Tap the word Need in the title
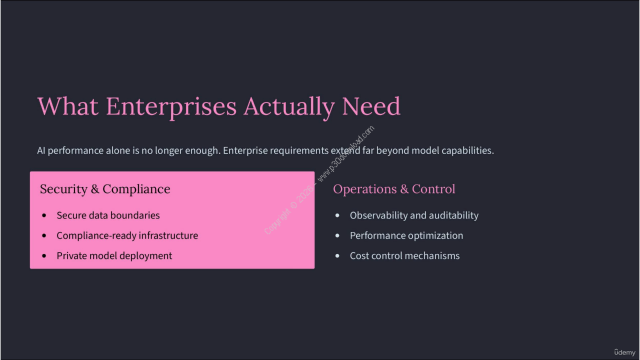click(x=371, y=106)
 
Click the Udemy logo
click(x=624, y=352)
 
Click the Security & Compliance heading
click(x=105, y=189)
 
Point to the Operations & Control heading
click(x=394, y=189)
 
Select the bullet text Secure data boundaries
click(x=108, y=215)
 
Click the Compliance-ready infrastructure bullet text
click(x=127, y=235)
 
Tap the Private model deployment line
click(x=114, y=255)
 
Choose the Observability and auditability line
click(x=414, y=215)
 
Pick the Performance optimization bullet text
click(x=406, y=235)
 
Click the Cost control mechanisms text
click(x=404, y=255)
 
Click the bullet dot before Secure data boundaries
click(x=44, y=215)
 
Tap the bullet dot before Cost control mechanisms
click(x=337, y=255)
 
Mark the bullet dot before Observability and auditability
click(x=337, y=215)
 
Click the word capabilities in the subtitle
click(x=467, y=150)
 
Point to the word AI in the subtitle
click(x=41, y=150)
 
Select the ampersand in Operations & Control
click(x=404, y=189)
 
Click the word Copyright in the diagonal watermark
click(x=277, y=221)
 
